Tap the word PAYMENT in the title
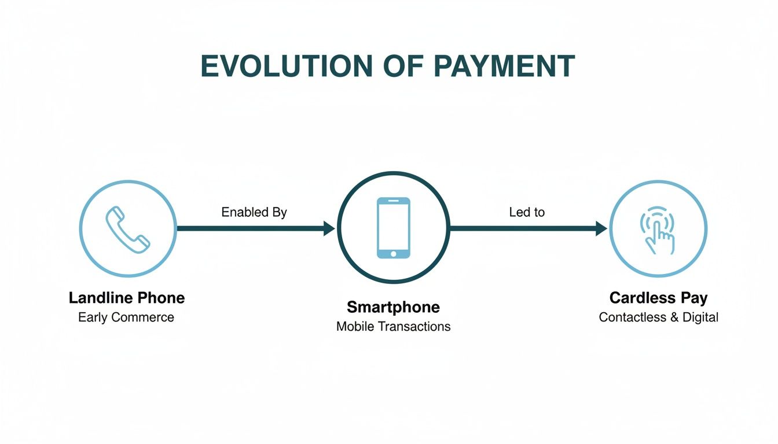point(504,66)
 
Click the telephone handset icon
point(127,228)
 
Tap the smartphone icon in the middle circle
point(394,228)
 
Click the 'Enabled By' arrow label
point(254,212)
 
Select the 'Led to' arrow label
point(527,212)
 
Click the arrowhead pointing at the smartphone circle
point(329,228)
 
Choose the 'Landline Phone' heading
point(127,298)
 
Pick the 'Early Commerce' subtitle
point(126,317)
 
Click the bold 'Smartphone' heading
point(394,306)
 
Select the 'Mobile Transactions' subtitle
point(394,327)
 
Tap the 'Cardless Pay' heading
point(658,298)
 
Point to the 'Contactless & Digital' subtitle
point(658,317)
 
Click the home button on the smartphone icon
point(394,253)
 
